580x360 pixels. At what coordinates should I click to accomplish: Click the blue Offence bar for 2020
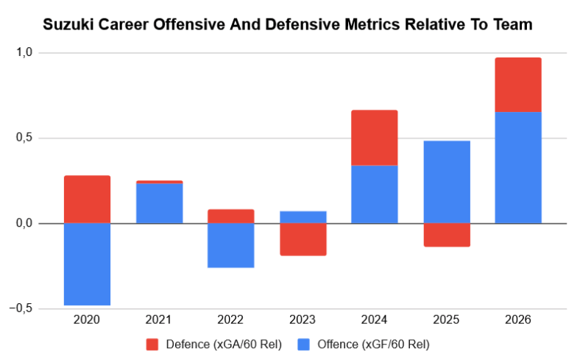(87, 264)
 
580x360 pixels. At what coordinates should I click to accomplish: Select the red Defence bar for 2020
(87, 199)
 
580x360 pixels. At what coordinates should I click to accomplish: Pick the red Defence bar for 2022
(231, 216)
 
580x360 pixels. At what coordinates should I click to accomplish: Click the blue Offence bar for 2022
(231, 245)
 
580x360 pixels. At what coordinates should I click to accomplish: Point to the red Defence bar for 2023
(303, 239)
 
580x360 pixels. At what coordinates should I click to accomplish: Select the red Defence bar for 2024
(374, 138)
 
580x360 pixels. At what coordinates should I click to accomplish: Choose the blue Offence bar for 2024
(374, 194)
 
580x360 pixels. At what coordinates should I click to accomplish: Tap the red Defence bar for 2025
(446, 235)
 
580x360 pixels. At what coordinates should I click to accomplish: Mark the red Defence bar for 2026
(518, 85)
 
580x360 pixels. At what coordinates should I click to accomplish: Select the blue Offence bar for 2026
(518, 167)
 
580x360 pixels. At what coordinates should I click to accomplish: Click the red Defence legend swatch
(153, 344)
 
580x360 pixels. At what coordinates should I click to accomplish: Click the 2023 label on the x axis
(303, 320)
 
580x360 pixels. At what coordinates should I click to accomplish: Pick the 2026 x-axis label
(518, 320)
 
